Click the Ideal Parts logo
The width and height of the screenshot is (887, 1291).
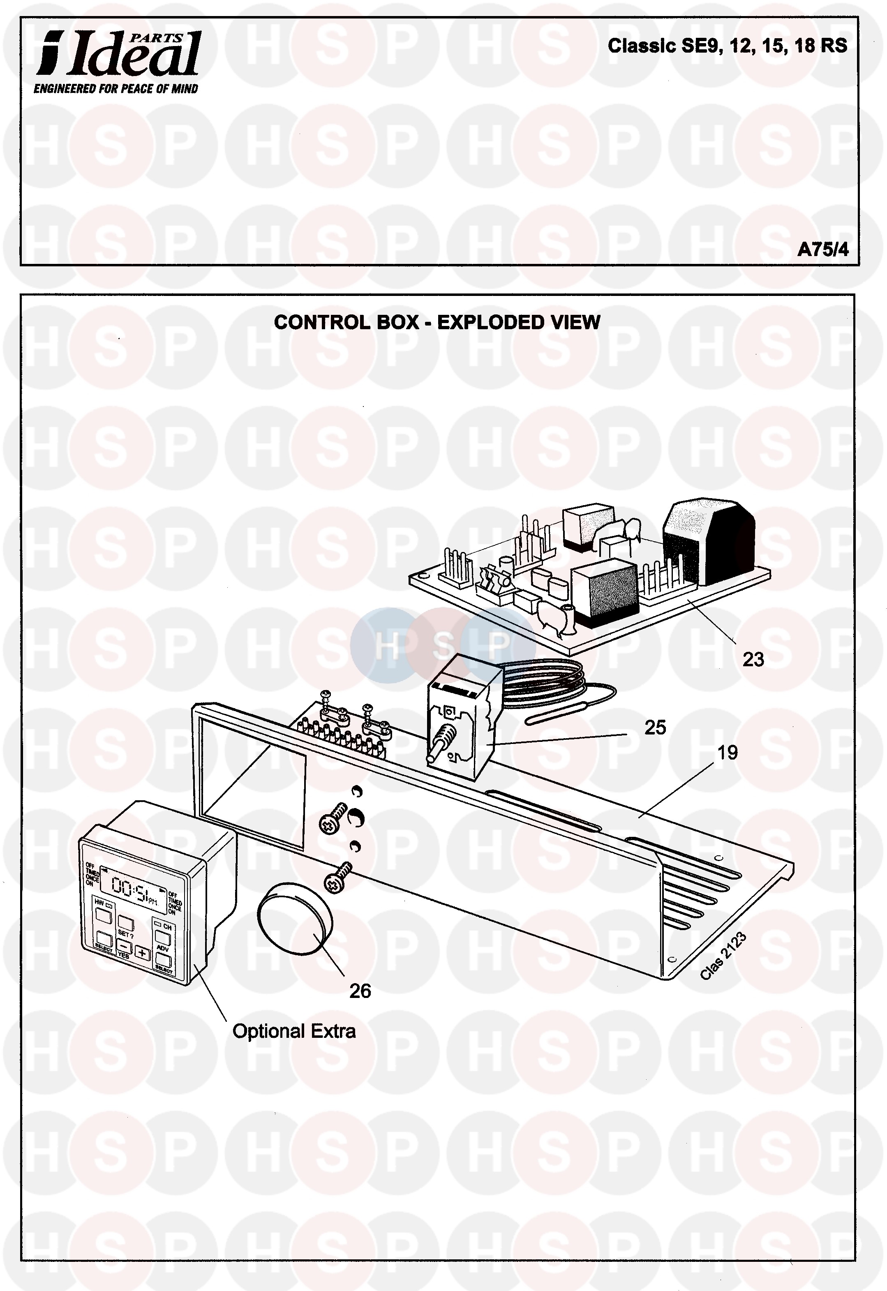(x=118, y=53)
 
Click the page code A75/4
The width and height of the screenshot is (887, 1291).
(x=822, y=250)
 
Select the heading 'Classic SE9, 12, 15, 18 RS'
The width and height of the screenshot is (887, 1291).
(x=727, y=46)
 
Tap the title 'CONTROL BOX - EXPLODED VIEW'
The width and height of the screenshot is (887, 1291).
(x=437, y=322)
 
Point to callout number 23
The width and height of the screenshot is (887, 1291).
(x=753, y=659)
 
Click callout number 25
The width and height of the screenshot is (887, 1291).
(x=655, y=727)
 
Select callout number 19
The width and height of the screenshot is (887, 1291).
(x=727, y=753)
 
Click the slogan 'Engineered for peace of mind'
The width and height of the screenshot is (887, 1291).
(x=115, y=89)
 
